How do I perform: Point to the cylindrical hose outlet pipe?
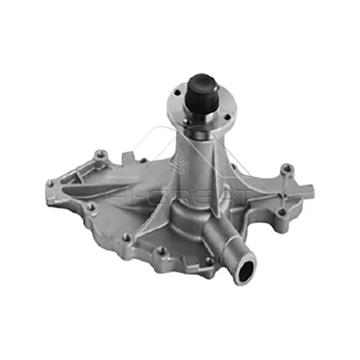point(225,243)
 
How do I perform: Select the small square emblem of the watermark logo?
point(179,164)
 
